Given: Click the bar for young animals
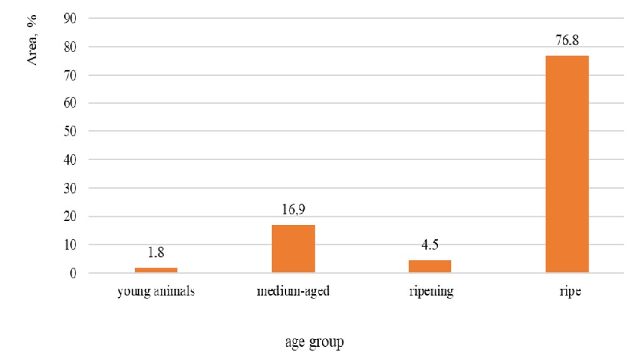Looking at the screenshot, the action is tap(156, 270).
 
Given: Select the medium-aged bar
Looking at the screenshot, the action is tap(293, 249).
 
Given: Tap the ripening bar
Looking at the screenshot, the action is tap(430, 266).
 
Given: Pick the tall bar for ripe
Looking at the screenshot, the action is tap(567, 164).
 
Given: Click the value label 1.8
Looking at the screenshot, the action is tap(156, 253).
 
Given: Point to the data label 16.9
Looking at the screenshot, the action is tap(293, 209).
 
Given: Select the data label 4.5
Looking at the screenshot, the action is tap(430, 244).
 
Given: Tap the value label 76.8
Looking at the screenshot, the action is tap(567, 40).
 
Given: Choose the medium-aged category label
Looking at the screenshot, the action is tap(293, 292).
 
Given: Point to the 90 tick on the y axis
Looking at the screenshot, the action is tap(70, 18).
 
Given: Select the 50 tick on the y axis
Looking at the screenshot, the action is tap(70, 131).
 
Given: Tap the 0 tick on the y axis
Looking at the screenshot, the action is tap(73, 273).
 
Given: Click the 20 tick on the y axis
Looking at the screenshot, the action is tap(70, 217).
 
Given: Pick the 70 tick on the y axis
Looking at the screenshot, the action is tap(70, 75).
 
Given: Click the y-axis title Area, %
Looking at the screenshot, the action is tap(31, 40).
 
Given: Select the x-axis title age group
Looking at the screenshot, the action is tap(315, 342).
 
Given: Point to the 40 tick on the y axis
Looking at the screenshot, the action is tap(70, 160).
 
